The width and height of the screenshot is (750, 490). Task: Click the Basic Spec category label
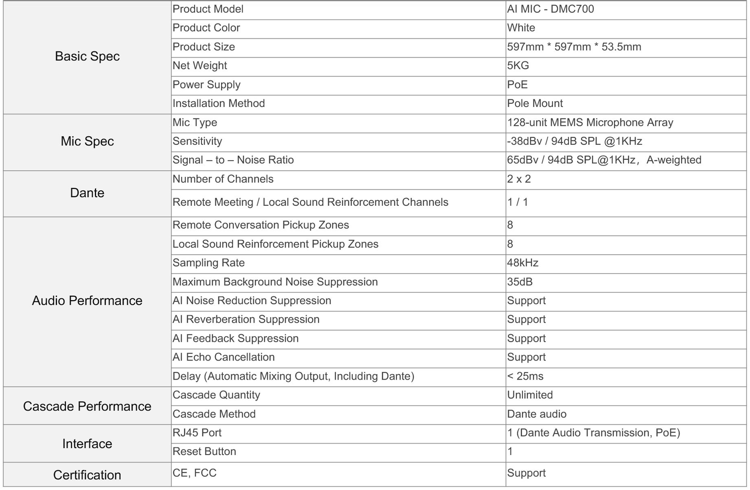tap(87, 56)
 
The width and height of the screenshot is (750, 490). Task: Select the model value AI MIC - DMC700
tap(550, 9)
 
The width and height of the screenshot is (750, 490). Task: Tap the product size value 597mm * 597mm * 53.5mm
tap(574, 47)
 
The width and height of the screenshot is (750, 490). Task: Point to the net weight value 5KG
tap(518, 65)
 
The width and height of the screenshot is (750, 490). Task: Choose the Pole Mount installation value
tap(535, 103)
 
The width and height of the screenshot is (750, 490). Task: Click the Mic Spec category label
tap(87, 141)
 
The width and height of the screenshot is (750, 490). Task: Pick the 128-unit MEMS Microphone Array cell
tap(590, 122)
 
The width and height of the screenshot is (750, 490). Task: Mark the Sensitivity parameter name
tap(197, 141)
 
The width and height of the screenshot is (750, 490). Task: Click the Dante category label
tap(87, 193)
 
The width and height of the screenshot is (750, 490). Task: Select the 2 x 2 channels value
tap(519, 179)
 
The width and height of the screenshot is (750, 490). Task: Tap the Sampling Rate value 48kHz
tap(522, 263)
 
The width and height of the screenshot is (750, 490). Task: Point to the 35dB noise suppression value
tap(520, 282)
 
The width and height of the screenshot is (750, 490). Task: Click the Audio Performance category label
tap(87, 301)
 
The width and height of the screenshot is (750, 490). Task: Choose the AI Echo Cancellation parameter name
tap(223, 357)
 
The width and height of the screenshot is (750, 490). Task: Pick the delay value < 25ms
tap(525, 376)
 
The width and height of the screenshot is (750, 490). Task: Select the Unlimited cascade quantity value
tap(530, 395)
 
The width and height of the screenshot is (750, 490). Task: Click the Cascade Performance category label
tap(87, 407)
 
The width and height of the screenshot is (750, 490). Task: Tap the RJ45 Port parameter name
tap(197, 433)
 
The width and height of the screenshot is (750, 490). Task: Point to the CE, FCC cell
tap(194, 473)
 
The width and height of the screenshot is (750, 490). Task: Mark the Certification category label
tap(87, 475)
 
